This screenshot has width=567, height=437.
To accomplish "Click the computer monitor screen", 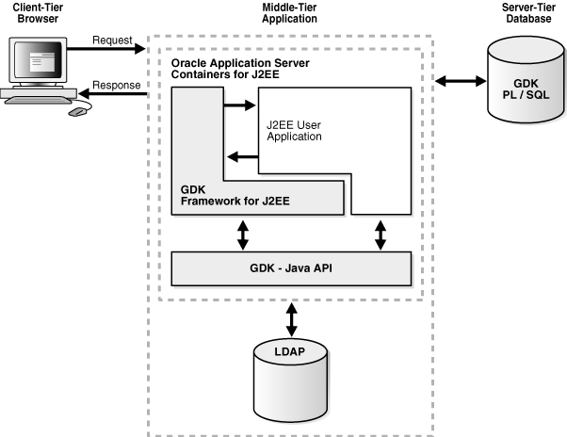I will (38, 61).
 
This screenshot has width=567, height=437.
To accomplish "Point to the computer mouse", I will (76, 109).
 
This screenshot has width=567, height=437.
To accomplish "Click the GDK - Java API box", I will (291, 268).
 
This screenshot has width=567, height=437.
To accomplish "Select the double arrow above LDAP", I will (291, 318).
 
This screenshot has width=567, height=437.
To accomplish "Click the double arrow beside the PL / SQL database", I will (456, 82).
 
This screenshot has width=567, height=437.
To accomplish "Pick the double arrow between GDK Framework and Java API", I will (244, 234).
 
